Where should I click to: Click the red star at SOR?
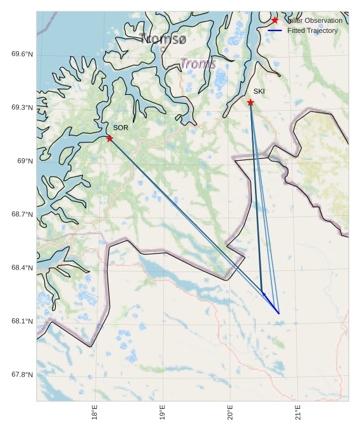[x=109, y=138]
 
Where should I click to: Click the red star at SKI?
[x=251, y=103]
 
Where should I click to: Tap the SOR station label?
[x=121, y=128]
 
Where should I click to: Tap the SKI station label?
[x=259, y=92]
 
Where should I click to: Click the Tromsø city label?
[x=164, y=39]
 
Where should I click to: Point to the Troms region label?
[x=198, y=64]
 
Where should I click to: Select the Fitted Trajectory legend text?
[x=313, y=30]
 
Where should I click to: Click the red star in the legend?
[x=275, y=20]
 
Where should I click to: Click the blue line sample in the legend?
[x=275, y=30]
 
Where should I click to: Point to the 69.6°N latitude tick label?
[x=22, y=54]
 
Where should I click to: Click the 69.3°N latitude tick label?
[x=22, y=108]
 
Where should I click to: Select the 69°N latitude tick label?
[x=25, y=161]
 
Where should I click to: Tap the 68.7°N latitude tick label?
[x=22, y=215]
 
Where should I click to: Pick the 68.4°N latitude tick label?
[x=22, y=268]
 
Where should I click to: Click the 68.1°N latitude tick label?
[x=22, y=322]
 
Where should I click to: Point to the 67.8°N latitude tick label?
[x=22, y=375]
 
